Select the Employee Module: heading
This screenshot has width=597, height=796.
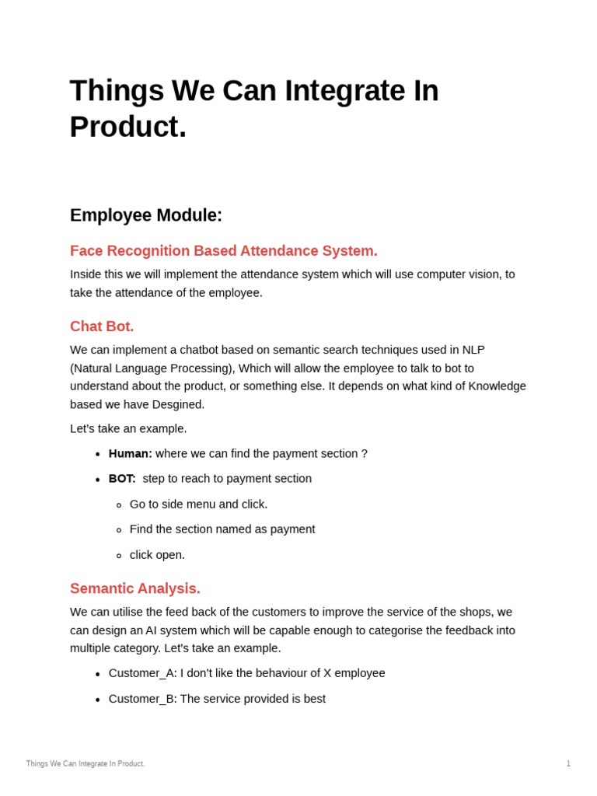tap(146, 215)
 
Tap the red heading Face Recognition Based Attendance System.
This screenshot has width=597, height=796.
tap(224, 251)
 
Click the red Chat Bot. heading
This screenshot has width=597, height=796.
tap(102, 326)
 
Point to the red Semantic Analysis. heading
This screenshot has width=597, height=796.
tap(135, 588)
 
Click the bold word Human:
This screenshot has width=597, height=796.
tap(130, 454)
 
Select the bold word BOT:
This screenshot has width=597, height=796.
tap(122, 479)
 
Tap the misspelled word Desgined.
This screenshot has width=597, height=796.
tap(178, 404)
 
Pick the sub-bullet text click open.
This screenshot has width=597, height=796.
tap(157, 555)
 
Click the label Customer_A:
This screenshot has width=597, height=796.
tap(143, 673)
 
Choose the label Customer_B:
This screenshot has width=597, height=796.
tap(143, 699)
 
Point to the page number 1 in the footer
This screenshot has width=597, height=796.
tap(568, 763)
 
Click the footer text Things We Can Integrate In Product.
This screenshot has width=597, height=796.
tap(86, 763)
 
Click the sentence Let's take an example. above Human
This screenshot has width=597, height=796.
tap(128, 429)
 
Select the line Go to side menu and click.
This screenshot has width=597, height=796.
tap(198, 504)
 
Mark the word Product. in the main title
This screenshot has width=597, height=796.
tap(128, 127)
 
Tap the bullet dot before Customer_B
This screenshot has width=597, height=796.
tap(98, 700)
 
